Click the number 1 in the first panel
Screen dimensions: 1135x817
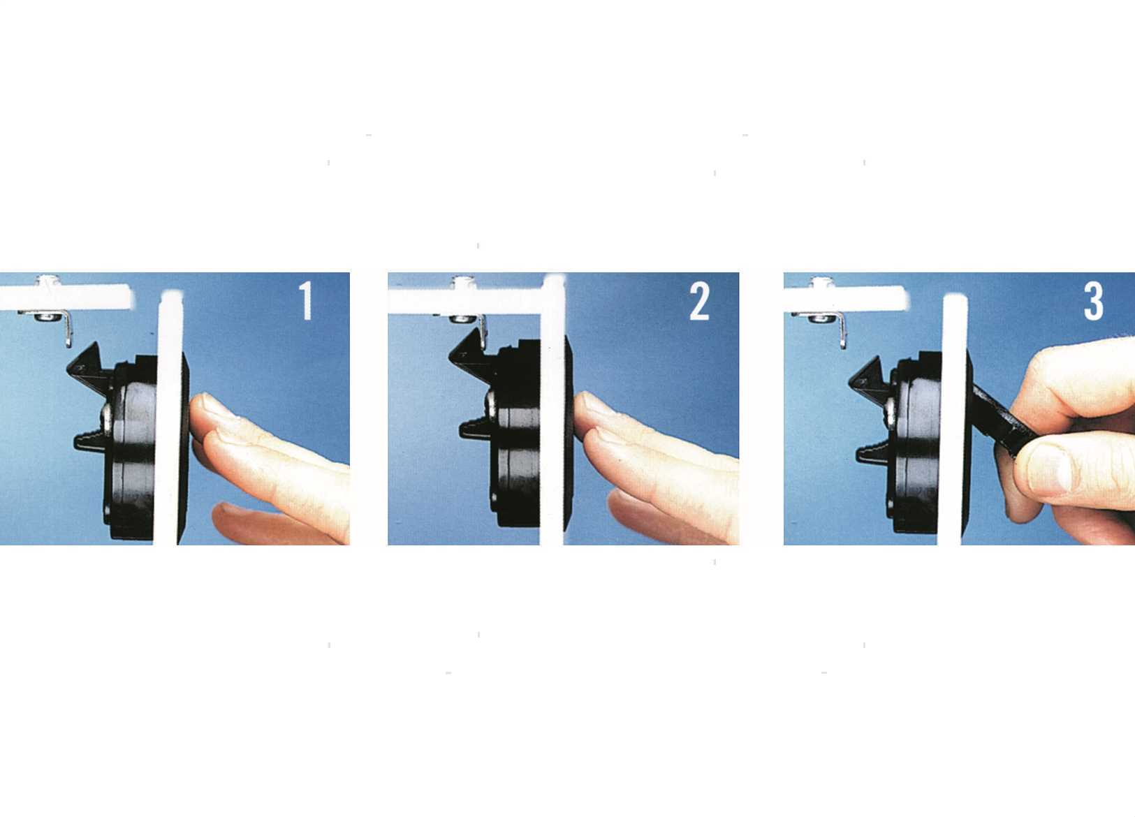pyautogui.click(x=305, y=300)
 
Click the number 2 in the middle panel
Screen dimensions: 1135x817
pyautogui.click(x=699, y=301)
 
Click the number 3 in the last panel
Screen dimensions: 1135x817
pyautogui.click(x=1094, y=301)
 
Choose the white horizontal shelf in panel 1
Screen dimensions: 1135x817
pyautogui.click(x=65, y=297)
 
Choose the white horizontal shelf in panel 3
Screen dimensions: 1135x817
pyautogui.click(x=845, y=298)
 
